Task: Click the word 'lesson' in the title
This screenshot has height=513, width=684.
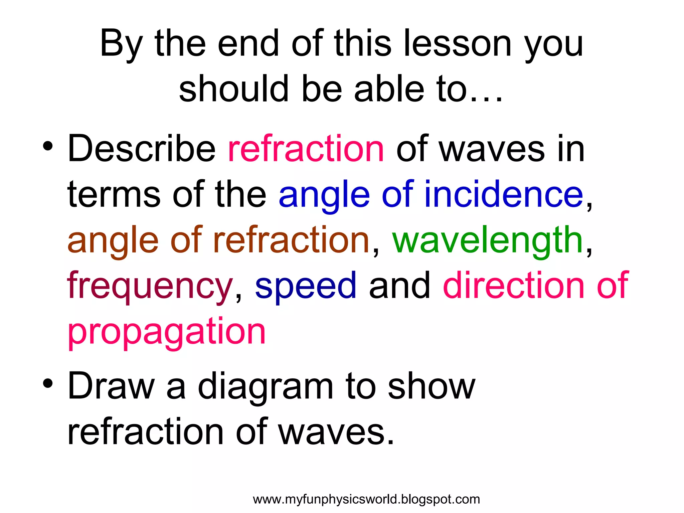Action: click(x=458, y=43)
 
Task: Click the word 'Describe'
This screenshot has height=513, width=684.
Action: click(x=142, y=148)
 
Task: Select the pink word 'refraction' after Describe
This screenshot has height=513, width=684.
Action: click(x=306, y=148)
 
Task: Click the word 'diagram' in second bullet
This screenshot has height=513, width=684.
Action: click(x=266, y=387)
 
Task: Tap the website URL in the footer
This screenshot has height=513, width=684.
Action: click(x=366, y=499)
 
